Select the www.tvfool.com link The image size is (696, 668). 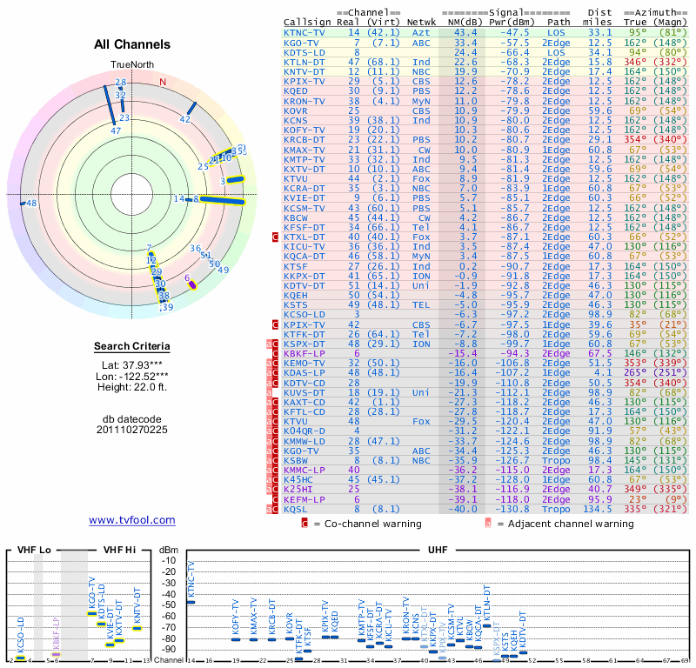[x=132, y=520]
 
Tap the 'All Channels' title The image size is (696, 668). [x=132, y=44]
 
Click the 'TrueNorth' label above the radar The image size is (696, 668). [x=131, y=65]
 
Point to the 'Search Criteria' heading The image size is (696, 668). [x=132, y=347]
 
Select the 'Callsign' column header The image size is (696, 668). [x=306, y=21]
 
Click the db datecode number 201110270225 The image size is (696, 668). [x=132, y=429]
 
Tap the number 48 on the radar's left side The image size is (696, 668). [x=30, y=203]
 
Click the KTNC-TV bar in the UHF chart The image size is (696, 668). [x=191, y=601]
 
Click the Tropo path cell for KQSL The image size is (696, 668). [x=559, y=509]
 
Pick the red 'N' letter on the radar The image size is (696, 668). [x=162, y=82]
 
